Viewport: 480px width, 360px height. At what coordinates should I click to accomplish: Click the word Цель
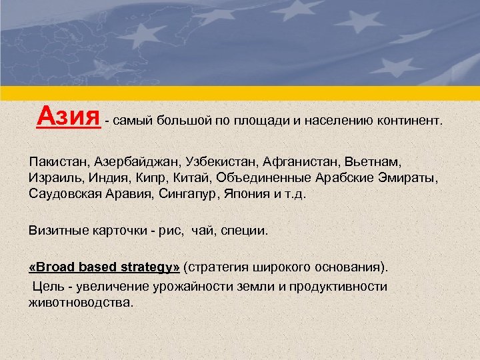(45, 286)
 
